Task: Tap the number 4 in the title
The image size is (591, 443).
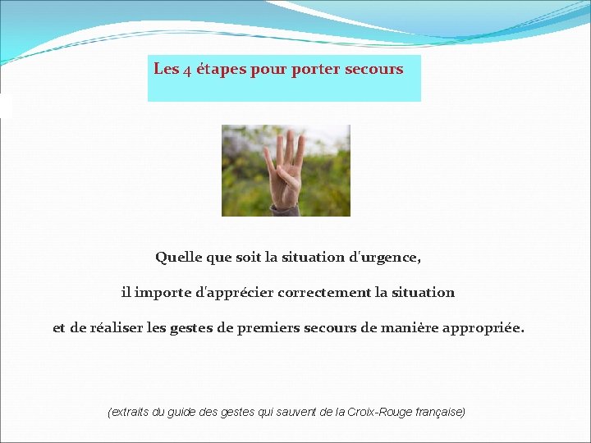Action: [187, 71]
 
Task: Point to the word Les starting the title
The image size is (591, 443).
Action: [166, 69]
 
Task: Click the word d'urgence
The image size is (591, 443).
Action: [386, 258]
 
